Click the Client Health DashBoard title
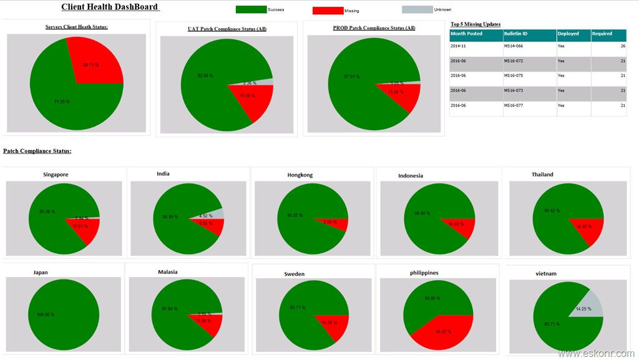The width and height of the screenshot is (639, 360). (110, 7)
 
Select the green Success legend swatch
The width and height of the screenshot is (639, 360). (251, 10)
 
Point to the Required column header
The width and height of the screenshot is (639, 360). (608, 34)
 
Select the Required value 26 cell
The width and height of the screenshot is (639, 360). (608, 46)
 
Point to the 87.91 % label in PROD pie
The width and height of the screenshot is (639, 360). (353, 77)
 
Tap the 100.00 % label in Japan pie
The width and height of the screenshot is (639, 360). (46, 314)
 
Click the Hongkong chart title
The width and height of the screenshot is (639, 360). (300, 175)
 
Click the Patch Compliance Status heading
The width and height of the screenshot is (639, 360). (37, 152)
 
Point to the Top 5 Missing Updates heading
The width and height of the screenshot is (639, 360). (476, 24)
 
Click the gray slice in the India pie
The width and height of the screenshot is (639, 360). (218, 214)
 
